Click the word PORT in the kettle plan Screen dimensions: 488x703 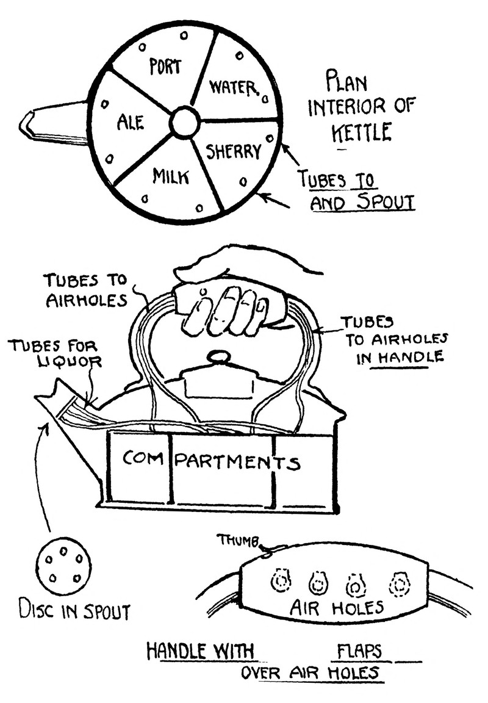click(165, 67)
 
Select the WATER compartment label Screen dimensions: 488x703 click(234, 87)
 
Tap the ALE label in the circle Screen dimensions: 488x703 click(131, 123)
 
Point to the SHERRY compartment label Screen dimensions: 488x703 click(234, 151)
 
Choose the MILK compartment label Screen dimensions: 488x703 click(171, 176)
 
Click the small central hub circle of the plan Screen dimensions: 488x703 click(185, 123)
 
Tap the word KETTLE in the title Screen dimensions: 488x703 click(361, 132)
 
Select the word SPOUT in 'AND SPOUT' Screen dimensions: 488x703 click(386, 203)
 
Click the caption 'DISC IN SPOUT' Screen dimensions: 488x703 click(74, 611)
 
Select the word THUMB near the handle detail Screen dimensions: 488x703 click(239, 540)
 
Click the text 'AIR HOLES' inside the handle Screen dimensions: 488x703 click(337, 607)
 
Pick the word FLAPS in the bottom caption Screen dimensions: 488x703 click(359, 651)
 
